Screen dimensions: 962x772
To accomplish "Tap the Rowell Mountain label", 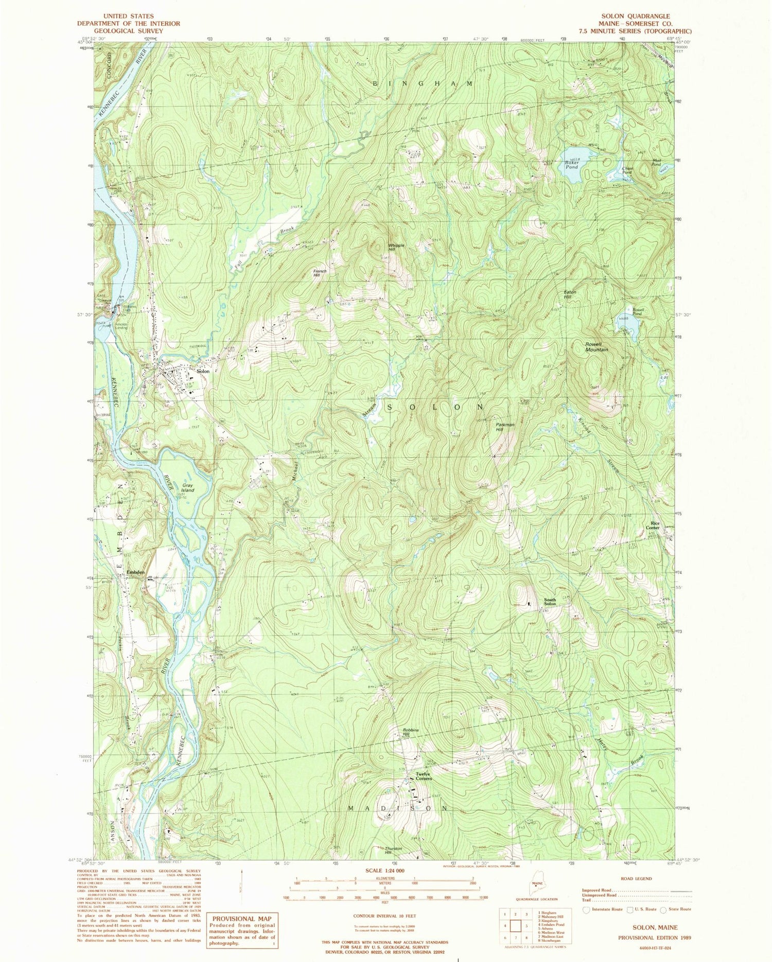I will (x=596, y=347).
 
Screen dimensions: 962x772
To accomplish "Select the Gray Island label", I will (x=187, y=487).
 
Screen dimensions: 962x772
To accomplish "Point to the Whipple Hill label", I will (x=396, y=248).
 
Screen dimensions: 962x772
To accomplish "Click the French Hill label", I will (x=320, y=273).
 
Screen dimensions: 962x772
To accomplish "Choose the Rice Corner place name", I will (x=653, y=526).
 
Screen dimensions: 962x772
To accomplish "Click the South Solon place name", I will (x=550, y=602).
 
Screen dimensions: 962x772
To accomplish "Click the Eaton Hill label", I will (x=569, y=294).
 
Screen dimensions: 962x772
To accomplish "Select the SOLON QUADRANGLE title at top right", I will (x=636, y=16).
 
